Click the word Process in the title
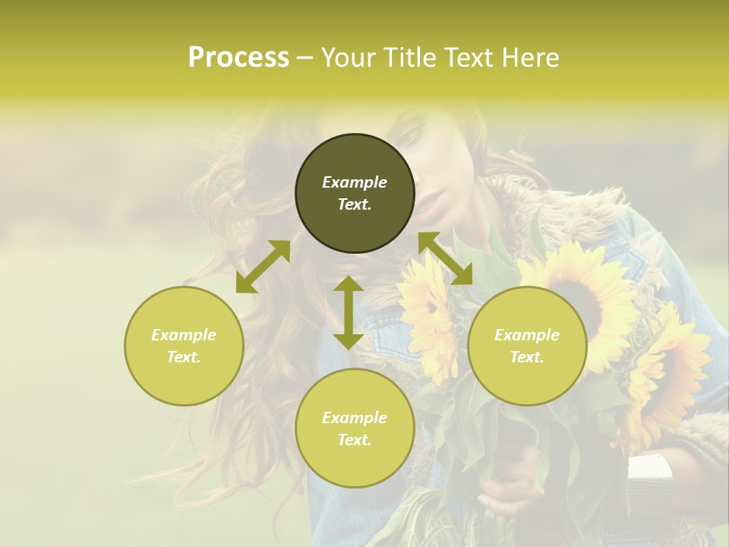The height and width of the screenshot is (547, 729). (x=238, y=58)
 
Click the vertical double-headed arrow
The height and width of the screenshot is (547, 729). (x=349, y=312)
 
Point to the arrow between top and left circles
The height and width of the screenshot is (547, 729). (x=263, y=267)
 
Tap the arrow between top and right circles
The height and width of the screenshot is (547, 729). (x=446, y=258)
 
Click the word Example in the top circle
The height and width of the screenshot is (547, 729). (x=355, y=182)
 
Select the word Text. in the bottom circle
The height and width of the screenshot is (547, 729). (x=355, y=440)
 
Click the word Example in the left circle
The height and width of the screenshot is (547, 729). (x=184, y=335)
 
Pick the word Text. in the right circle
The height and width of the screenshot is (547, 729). (x=527, y=357)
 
